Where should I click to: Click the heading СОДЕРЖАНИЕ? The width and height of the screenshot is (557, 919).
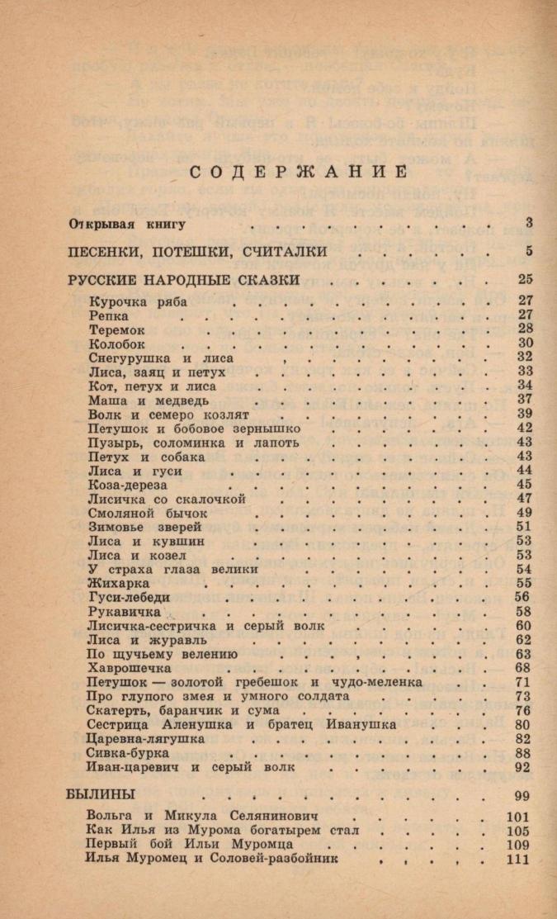pos(299,172)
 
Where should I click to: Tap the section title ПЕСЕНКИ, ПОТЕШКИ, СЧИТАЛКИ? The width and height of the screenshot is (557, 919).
pos(197,251)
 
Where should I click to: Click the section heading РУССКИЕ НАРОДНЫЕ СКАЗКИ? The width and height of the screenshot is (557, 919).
pos(182,279)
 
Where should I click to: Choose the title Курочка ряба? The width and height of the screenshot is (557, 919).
pos(137,301)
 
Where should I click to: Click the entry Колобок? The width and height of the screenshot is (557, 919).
pos(116,343)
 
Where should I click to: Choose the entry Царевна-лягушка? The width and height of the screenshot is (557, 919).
pos(145,739)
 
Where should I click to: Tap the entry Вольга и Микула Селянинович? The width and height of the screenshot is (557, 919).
pos(196,816)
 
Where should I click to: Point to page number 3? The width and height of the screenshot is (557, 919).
pos(528,223)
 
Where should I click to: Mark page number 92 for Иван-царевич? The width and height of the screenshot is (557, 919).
pos(522,767)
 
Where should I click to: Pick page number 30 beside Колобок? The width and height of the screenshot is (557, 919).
pos(525,343)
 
